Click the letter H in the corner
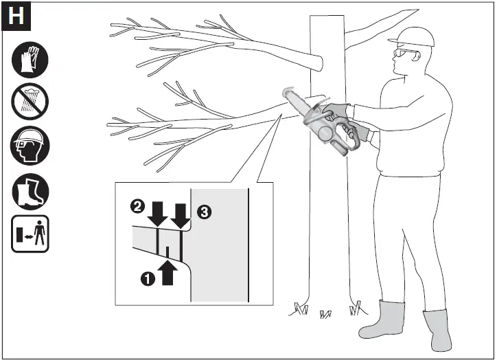click(x=16, y=16)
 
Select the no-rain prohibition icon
click(x=30, y=104)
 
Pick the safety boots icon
click(x=30, y=190)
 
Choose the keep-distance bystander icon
click(x=30, y=234)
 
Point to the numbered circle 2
click(x=137, y=206)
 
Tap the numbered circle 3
click(x=204, y=212)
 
